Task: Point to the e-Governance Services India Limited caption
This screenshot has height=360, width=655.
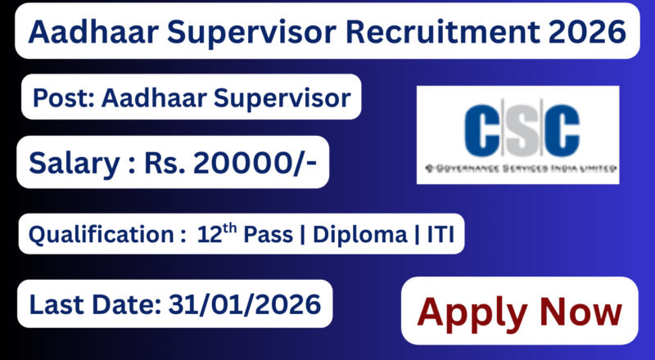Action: (517, 167)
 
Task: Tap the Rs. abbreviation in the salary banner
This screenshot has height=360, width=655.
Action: (163, 164)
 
